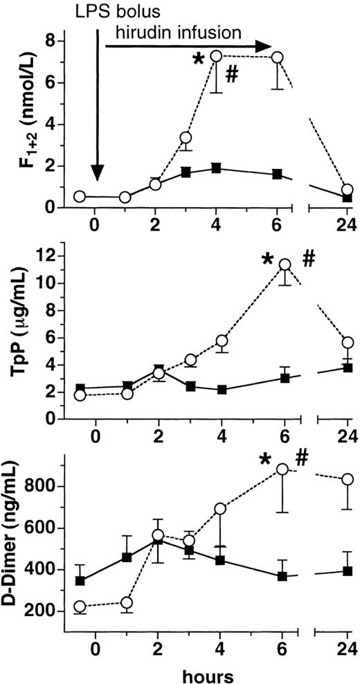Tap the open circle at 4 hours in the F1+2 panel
click(216, 56)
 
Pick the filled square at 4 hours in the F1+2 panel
click(216, 168)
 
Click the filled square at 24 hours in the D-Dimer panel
click(348, 571)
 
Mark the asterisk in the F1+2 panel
click(198, 60)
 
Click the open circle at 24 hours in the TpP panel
click(348, 343)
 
